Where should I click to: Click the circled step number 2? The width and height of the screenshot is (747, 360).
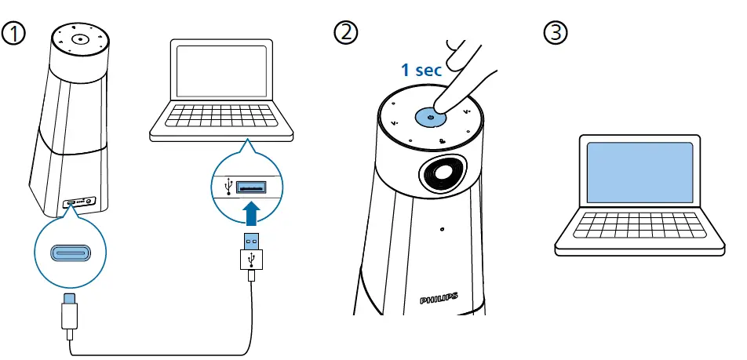point(344,33)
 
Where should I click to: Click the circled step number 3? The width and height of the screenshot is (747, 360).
point(555,33)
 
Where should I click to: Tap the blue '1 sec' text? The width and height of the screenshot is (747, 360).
point(421,70)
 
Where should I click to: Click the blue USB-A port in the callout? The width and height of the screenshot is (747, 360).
point(253,187)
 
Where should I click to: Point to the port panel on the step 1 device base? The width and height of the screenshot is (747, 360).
point(79,201)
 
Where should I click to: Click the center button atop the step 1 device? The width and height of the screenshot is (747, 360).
point(80,39)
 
